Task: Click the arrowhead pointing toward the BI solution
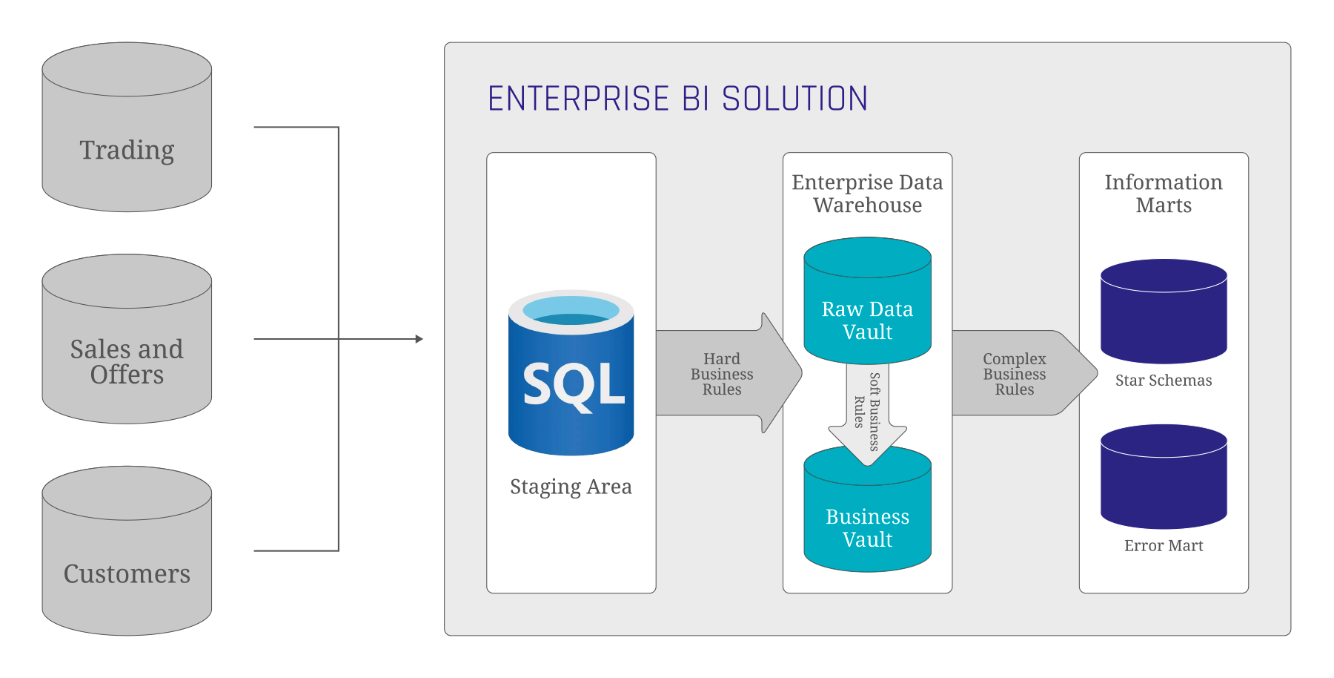click(x=419, y=339)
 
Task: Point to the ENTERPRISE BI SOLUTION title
click(x=677, y=99)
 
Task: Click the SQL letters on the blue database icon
click(x=572, y=385)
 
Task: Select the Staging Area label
click(x=571, y=487)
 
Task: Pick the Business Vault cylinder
click(x=867, y=519)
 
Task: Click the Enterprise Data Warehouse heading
click(x=867, y=194)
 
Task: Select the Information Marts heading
click(x=1164, y=194)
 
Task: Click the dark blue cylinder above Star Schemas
click(x=1164, y=312)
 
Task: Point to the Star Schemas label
click(x=1164, y=381)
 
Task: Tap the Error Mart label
click(x=1164, y=546)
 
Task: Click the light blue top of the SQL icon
click(x=571, y=309)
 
